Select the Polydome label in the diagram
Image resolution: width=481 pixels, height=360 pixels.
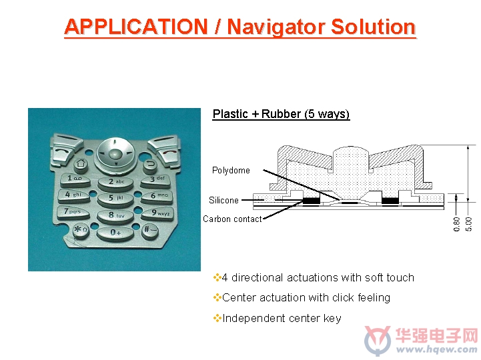click(x=231, y=171)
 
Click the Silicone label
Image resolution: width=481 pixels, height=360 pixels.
click(x=223, y=200)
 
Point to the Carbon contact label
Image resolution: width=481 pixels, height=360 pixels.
click(x=232, y=219)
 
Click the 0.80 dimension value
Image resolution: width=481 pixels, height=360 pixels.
click(x=456, y=224)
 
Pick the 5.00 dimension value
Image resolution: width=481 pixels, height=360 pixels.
click(x=468, y=224)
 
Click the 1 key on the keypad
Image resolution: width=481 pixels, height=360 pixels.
click(x=75, y=180)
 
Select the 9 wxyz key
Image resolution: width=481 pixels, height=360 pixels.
click(x=157, y=214)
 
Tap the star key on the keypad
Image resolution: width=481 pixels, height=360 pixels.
click(x=81, y=231)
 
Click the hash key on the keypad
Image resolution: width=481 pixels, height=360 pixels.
click(x=150, y=231)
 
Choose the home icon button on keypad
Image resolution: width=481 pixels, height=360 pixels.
click(x=81, y=164)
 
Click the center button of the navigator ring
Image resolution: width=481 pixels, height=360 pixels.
click(x=115, y=154)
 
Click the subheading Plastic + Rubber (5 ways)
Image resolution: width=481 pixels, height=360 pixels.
click(x=281, y=114)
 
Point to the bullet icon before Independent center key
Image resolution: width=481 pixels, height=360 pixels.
click(x=217, y=318)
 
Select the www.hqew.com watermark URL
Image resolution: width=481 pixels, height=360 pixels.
click(x=436, y=349)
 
